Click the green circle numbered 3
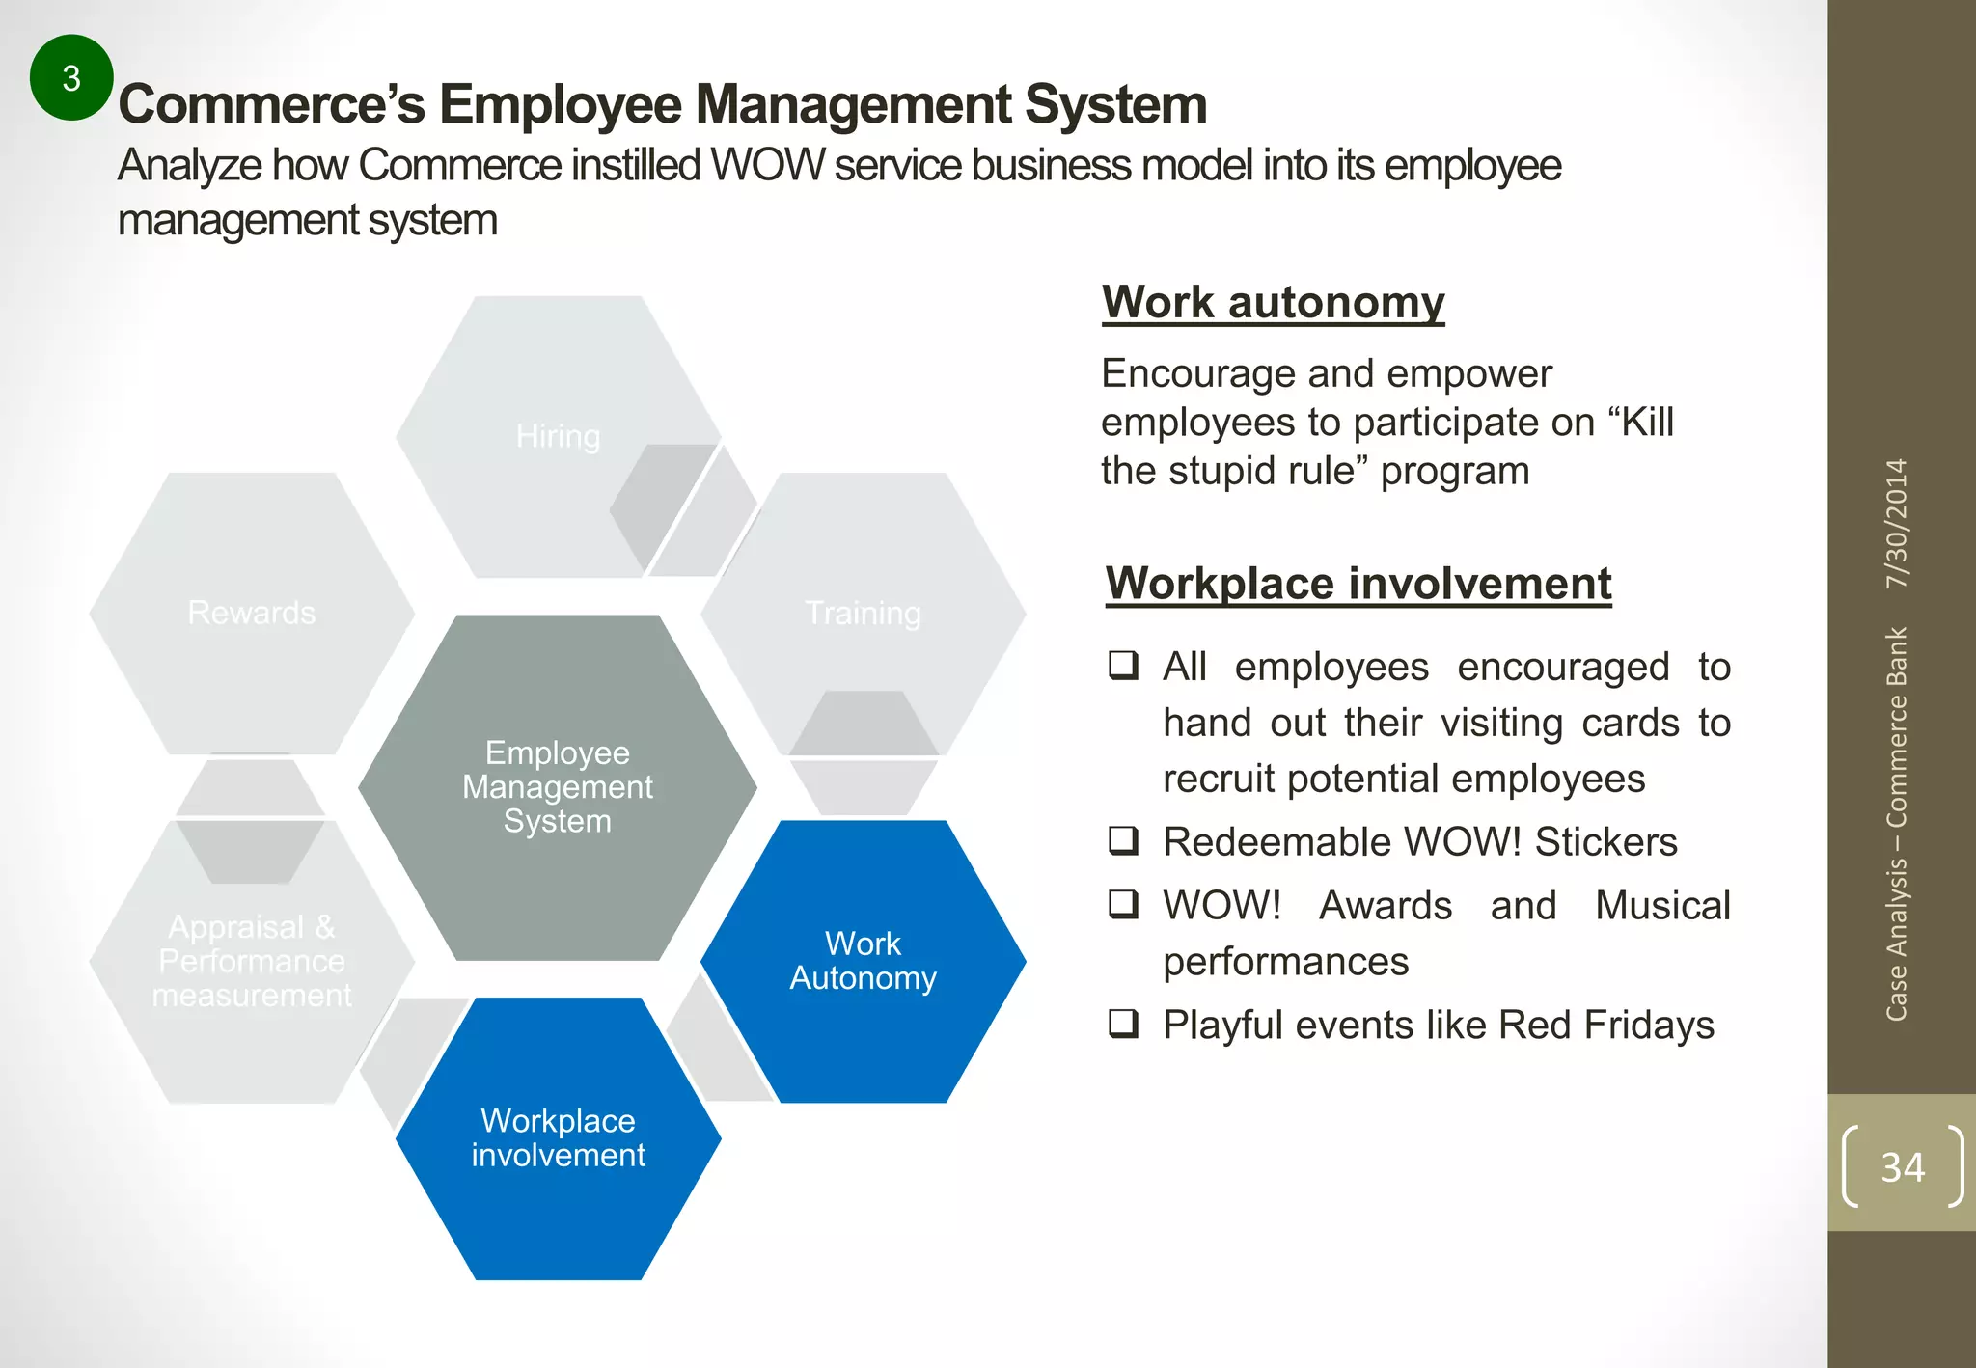click(71, 78)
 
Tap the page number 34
click(1903, 1167)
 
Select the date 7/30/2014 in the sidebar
click(1897, 524)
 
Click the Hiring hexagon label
click(558, 436)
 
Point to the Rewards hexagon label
click(252, 613)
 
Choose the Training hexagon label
click(863, 613)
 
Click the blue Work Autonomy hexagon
click(863, 961)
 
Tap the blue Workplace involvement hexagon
click(558, 1138)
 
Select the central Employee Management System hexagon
click(558, 787)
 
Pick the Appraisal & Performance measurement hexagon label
click(252, 961)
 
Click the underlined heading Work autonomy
click(1274, 302)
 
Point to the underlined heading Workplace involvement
click(1358, 584)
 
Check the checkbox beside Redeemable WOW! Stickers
click(1123, 841)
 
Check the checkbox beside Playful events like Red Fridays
click(1123, 1024)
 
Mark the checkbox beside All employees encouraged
click(1123, 666)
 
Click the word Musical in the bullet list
click(1662, 906)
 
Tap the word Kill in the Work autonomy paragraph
click(1647, 423)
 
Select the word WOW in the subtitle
click(767, 166)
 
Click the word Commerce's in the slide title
click(271, 104)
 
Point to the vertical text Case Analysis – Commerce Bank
click(1897, 825)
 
